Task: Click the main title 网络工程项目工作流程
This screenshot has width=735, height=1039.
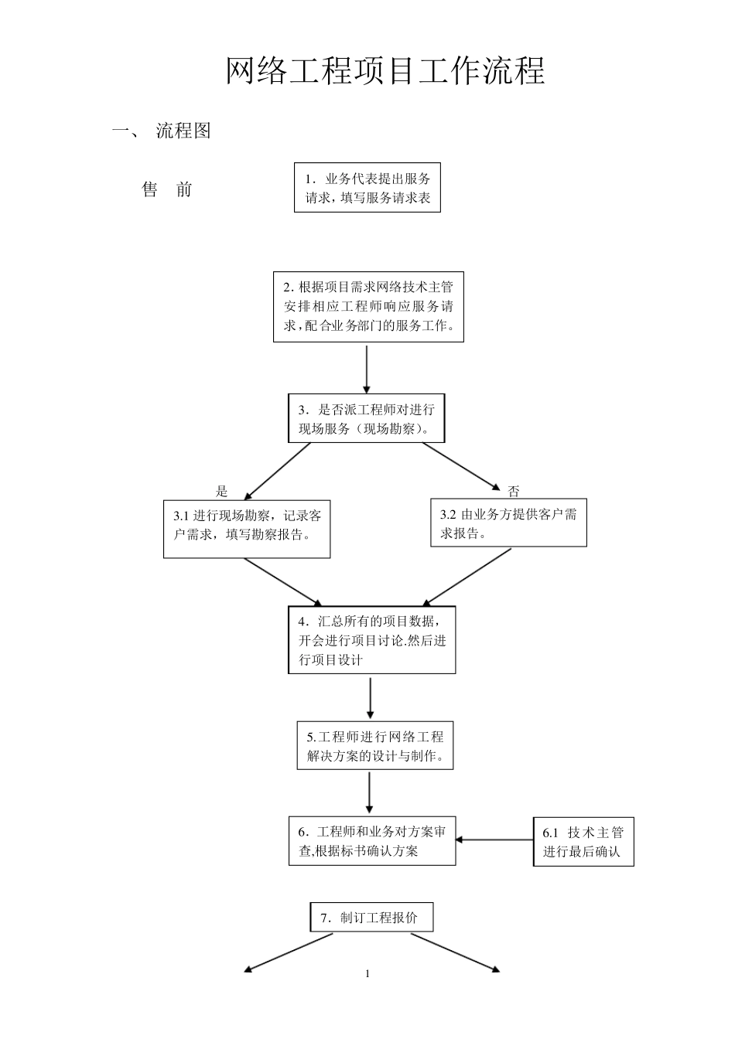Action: [x=385, y=71]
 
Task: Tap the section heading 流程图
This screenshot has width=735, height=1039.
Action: [x=183, y=131]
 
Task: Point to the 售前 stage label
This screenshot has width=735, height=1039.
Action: [x=167, y=189]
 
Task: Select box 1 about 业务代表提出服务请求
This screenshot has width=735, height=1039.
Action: [x=367, y=187]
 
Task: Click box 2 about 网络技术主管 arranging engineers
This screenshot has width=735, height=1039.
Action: [x=368, y=306]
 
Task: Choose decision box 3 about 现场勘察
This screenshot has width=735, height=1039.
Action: [x=367, y=419]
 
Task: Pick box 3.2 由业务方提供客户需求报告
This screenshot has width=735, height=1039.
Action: [x=508, y=523]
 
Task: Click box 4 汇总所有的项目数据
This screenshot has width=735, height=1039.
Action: [x=372, y=640]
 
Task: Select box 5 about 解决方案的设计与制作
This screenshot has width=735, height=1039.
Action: [x=375, y=746]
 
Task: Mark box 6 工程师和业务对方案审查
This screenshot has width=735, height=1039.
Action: [x=372, y=841]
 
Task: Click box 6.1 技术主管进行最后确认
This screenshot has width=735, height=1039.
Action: [x=583, y=842]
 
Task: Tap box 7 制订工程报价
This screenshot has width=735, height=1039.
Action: [x=371, y=918]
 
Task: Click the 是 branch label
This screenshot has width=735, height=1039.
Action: [x=222, y=491]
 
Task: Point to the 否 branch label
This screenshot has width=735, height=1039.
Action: [x=514, y=492]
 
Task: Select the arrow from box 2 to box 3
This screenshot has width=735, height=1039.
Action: [x=367, y=370]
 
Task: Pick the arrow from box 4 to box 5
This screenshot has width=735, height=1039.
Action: [x=371, y=698]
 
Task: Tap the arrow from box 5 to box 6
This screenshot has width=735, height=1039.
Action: [x=370, y=792]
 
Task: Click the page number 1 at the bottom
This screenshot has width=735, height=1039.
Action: [x=367, y=973]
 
